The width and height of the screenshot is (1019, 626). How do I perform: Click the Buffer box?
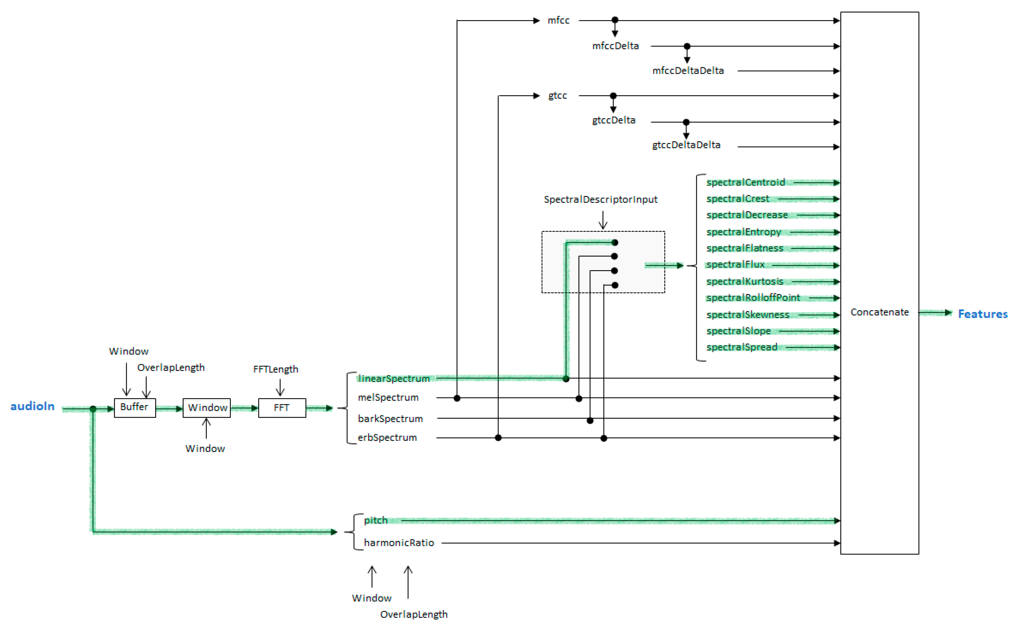point(135,408)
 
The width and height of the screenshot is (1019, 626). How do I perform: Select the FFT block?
point(282,408)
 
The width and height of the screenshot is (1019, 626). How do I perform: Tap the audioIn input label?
point(32,406)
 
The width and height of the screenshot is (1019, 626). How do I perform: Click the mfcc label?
point(558,20)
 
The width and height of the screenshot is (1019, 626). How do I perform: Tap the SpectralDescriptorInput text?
point(600,199)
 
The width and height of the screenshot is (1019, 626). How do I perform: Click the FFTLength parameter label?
point(275,369)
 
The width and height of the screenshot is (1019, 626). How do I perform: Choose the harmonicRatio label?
point(399,543)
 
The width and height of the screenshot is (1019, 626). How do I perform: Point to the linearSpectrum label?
point(393,379)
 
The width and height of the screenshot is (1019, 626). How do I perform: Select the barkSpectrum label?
point(390,419)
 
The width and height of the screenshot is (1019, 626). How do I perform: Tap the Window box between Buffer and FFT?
point(207,408)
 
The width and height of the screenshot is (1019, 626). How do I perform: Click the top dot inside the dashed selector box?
point(615,243)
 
